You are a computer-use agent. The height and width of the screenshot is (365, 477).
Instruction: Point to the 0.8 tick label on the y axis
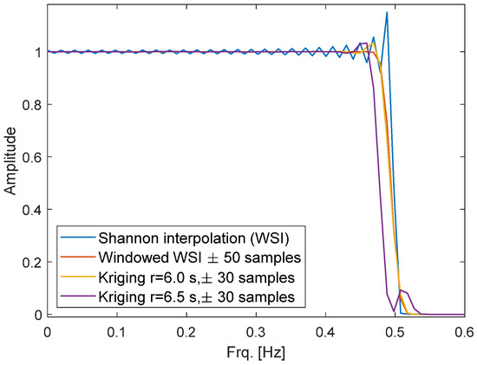click(31, 105)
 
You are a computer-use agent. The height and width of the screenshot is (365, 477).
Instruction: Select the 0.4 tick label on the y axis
click(31, 210)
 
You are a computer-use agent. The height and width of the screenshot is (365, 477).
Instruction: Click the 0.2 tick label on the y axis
click(31, 262)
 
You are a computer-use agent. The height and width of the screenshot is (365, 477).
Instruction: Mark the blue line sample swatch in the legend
click(72, 235)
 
